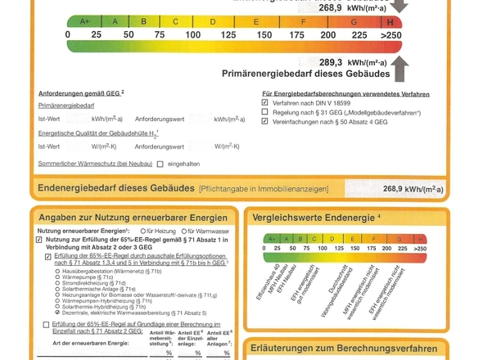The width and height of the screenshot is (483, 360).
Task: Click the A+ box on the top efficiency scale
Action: click(84, 20)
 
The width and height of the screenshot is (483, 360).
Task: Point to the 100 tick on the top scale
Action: click(192, 35)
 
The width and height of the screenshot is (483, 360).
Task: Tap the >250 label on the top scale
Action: click(391, 35)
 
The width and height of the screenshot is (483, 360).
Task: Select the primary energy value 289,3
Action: click(331, 61)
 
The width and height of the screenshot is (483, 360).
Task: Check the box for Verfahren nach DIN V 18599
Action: click(264, 103)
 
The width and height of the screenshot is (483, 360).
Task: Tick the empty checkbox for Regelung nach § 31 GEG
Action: click(264, 112)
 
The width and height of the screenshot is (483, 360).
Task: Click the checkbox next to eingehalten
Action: click(160, 164)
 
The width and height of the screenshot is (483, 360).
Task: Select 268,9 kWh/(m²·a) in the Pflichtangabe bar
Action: click(413, 189)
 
